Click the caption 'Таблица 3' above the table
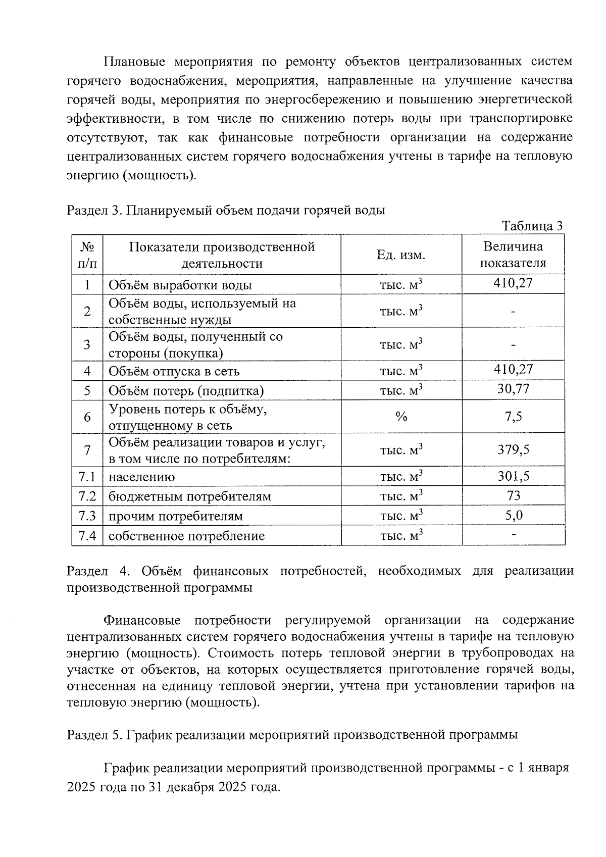click(x=532, y=226)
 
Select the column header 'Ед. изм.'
click(x=401, y=255)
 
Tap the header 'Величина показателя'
click(x=513, y=255)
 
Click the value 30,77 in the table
click(x=513, y=389)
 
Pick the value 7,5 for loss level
click(x=513, y=417)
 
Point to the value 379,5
click(x=513, y=449)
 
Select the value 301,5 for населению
click(x=513, y=476)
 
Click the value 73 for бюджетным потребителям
click(x=513, y=495)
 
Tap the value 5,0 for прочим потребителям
click(x=513, y=515)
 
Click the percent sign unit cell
click(x=401, y=417)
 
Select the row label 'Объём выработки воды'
click(x=180, y=285)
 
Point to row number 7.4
click(x=87, y=535)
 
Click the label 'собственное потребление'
click(x=186, y=536)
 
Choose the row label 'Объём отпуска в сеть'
click(x=174, y=371)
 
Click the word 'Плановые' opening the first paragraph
click(x=134, y=62)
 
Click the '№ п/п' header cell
click(x=87, y=255)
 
